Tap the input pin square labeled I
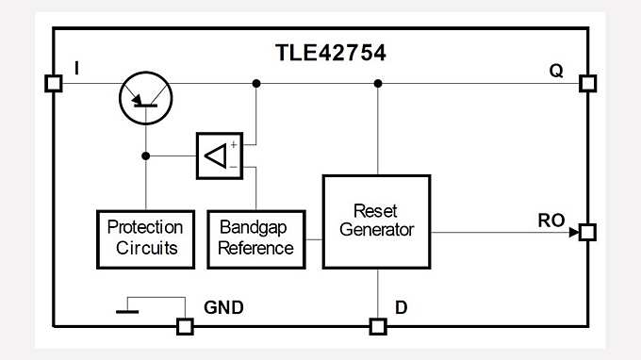click(x=54, y=84)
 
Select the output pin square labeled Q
click(x=588, y=84)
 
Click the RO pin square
click(x=588, y=232)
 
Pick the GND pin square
click(x=186, y=327)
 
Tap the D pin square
click(x=377, y=327)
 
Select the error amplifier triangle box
click(x=219, y=155)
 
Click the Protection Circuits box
click(x=145, y=237)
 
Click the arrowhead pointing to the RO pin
click(x=572, y=232)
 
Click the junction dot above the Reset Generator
click(x=377, y=84)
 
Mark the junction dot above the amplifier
click(x=256, y=84)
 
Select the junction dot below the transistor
click(x=145, y=155)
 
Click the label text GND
click(x=223, y=307)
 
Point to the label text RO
click(x=551, y=221)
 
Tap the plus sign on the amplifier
click(x=233, y=144)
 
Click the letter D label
click(x=401, y=307)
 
